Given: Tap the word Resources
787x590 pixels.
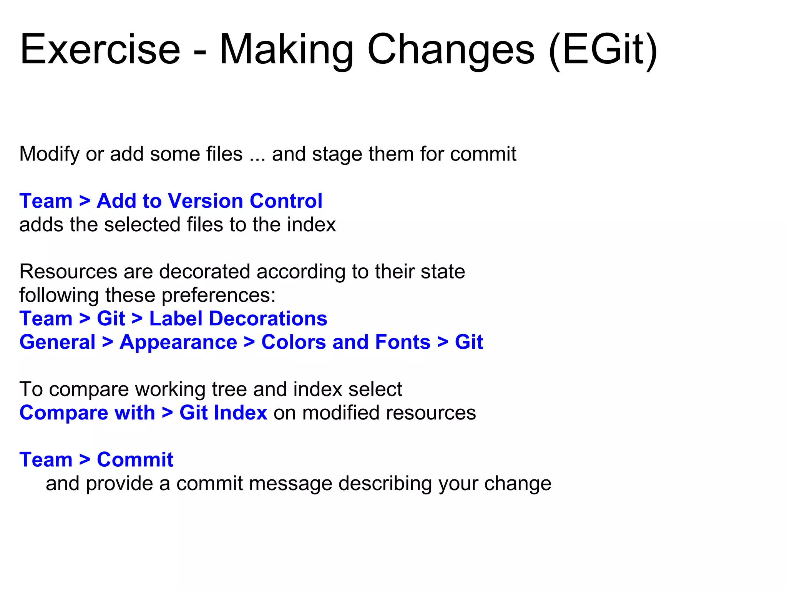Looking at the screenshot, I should coord(68,272).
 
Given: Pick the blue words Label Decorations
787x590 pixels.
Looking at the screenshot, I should coord(238,319).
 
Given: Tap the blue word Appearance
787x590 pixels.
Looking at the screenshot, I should coord(178,343).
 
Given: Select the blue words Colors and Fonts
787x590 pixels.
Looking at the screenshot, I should coord(346,342).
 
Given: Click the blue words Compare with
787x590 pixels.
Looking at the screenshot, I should coord(87,413).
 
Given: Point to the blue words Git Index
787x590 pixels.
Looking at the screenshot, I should coord(223,413).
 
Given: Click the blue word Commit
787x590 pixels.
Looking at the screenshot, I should coord(135,460).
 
